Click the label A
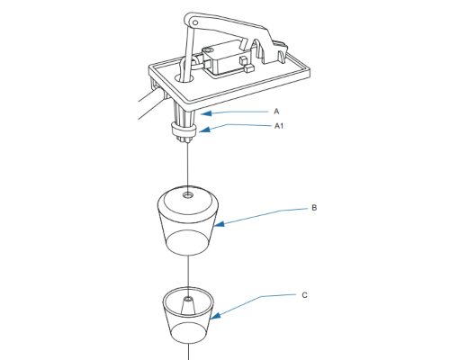click(276, 112)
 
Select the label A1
click(279, 126)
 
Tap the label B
click(314, 208)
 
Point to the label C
click(304, 295)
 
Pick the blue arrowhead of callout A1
click(204, 130)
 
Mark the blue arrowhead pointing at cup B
click(220, 224)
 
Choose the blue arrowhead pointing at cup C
click(215, 316)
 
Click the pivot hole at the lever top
click(194, 22)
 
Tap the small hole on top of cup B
click(188, 195)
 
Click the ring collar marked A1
click(184, 130)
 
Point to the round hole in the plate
click(184, 78)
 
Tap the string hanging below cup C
click(189, 351)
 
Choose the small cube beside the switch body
click(248, 69)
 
